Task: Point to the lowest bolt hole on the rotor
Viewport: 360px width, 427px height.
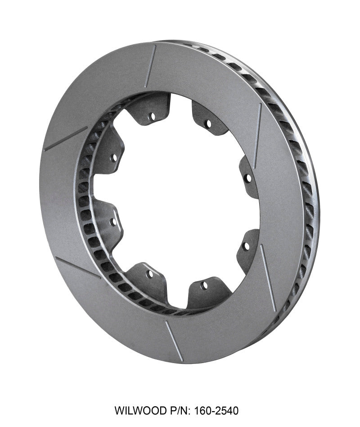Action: tap(204, 285)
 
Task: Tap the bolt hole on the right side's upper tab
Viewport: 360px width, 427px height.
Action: tap(247, 177)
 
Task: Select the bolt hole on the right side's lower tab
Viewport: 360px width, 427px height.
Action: tap(246, 246)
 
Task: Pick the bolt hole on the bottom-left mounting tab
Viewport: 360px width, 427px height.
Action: tap(150, 273)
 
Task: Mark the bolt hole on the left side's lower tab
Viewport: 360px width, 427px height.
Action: tap(113, 222)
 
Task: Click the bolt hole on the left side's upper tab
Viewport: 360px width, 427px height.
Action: tap(113, 157)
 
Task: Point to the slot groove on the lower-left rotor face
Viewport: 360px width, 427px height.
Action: tap(77, 267)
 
